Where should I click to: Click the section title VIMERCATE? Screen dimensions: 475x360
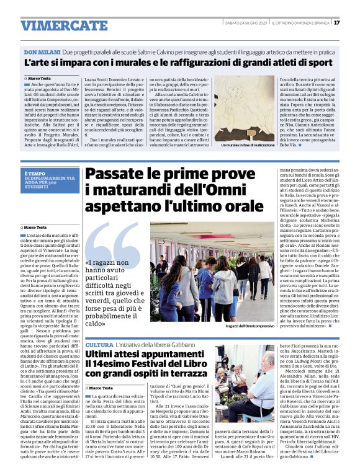55,25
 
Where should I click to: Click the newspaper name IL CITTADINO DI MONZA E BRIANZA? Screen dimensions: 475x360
300,23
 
